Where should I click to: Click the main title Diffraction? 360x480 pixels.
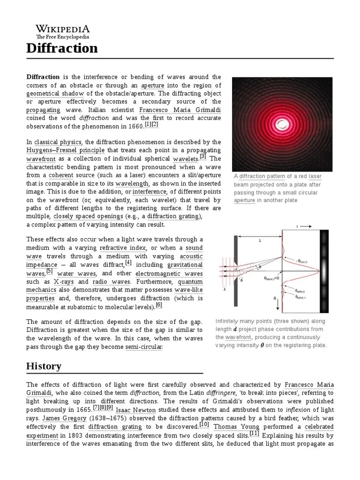point(62,48)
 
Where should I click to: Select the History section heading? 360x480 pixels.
point(44,366)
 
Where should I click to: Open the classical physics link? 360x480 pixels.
point(58,142)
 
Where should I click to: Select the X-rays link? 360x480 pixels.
point(63,282)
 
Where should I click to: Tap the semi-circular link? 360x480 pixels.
point(144,347)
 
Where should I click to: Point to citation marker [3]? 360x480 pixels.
point(203,157)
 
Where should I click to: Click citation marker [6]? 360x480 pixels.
point(159,305)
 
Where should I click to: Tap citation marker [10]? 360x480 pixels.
point(204,424)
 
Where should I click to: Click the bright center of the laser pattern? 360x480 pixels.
point(283,124)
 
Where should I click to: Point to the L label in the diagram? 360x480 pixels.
point(260,240)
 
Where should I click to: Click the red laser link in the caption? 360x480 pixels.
point(308,176)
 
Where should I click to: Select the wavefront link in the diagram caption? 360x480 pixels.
point(239,337)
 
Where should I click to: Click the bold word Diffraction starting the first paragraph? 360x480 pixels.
point(43,76)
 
